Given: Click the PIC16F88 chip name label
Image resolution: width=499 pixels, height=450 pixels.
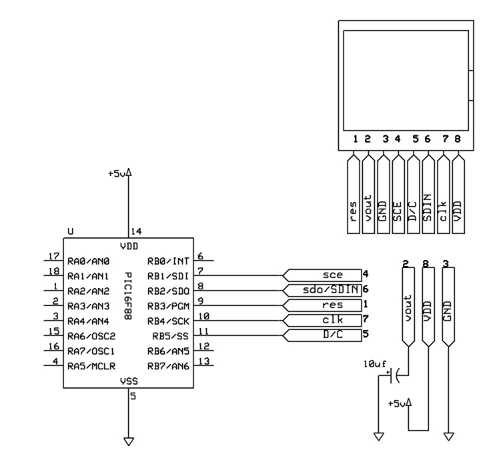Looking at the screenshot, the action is [x=128, y=296].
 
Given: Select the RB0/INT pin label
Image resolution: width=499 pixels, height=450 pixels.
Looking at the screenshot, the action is [x=168, y=261].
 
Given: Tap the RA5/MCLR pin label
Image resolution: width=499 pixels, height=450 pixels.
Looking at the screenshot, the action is [x=91, y=367].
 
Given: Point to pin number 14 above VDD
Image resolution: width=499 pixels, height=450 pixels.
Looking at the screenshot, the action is [x=136, y=231].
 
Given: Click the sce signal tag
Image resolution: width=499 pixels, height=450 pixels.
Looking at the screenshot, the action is [x=322, y=275].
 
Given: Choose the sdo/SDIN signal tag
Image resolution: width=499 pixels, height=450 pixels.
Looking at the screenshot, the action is [x=322, y=290].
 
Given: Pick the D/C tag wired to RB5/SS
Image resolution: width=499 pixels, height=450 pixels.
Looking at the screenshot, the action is [x=322, y=335].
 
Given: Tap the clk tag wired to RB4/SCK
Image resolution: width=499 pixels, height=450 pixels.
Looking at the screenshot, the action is [x=322, y=321].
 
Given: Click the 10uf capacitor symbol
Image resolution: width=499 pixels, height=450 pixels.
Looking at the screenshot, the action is [x=395, y=375].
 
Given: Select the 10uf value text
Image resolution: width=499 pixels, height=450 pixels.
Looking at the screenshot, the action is [x=375, y=364].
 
